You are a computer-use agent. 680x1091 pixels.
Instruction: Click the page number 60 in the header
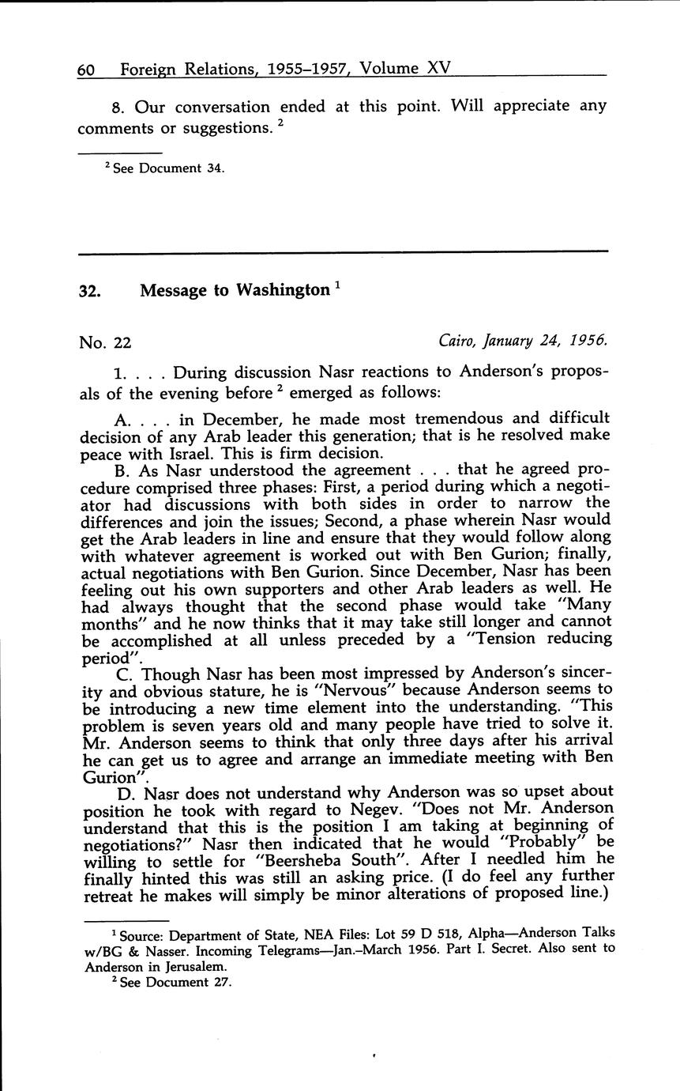(86, 70)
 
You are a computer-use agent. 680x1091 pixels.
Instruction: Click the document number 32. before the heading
(89, 292)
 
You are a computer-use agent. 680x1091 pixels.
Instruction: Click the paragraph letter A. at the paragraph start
(122, 418)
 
